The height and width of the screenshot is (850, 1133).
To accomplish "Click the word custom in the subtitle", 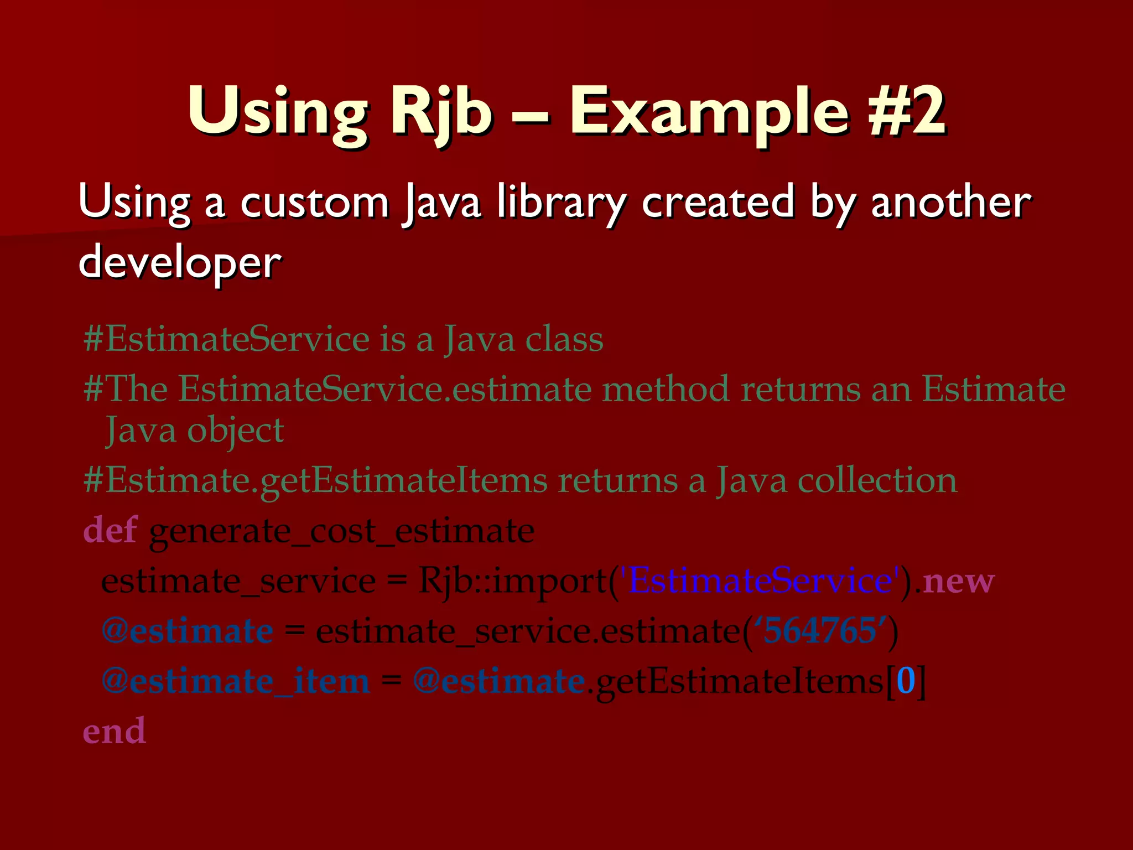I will [x=314, y=203].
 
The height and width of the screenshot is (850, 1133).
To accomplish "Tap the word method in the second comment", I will [x=666, y=388].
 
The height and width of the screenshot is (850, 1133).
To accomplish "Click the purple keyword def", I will [x=110, y=530].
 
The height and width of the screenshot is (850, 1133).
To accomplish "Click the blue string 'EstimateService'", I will [x=760, y=581].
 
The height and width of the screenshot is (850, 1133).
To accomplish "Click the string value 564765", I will [x=820, y=630].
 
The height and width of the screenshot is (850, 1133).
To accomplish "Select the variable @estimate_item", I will [x=236, y=681].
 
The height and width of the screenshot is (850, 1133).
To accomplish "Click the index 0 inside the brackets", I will [x=906, y=681].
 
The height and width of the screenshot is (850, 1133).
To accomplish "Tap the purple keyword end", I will [x=114, y=730].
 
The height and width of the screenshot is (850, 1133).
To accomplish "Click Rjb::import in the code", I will [x=512, y=582].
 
